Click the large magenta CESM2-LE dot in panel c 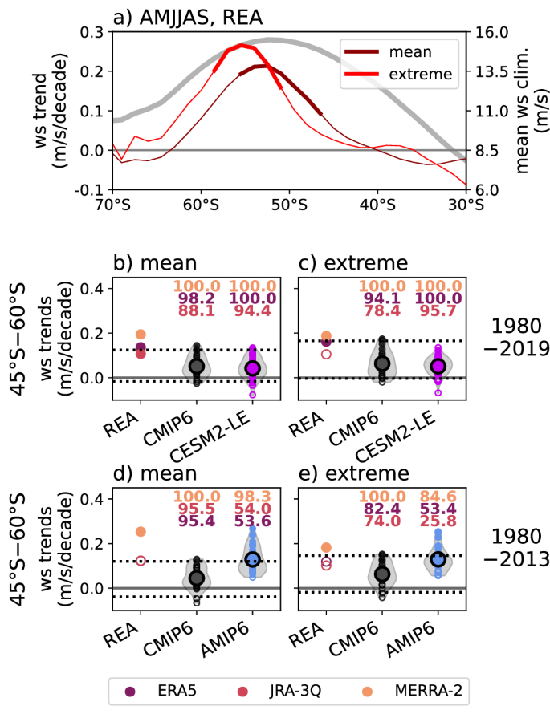click(438, 366)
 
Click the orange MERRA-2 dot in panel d click(141, 531)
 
